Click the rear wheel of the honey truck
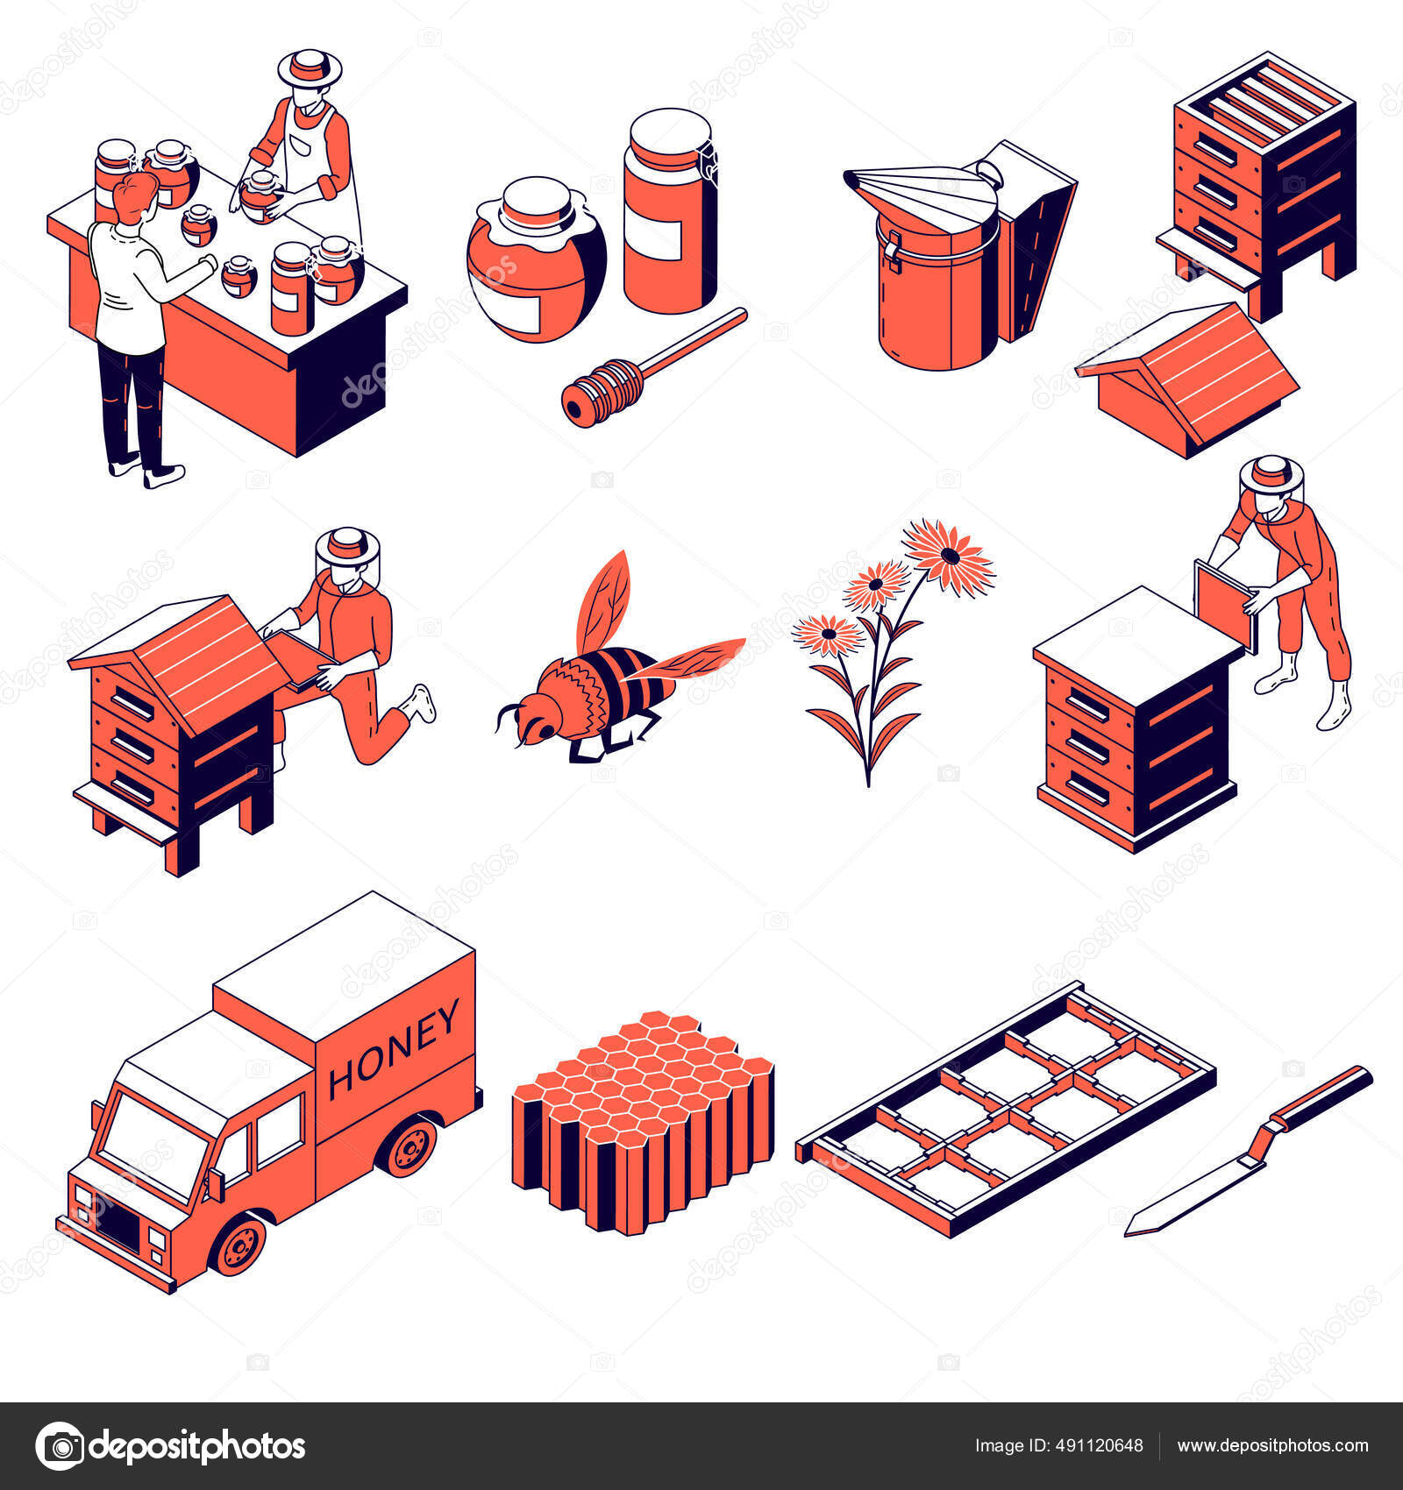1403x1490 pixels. [x=410, y=1146]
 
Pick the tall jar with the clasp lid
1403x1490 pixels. [x=670, y=210]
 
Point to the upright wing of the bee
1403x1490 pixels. [x=605, y=597]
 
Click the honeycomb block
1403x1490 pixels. [x=642, y=1122]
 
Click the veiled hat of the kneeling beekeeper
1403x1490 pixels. [x=347, y=548]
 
